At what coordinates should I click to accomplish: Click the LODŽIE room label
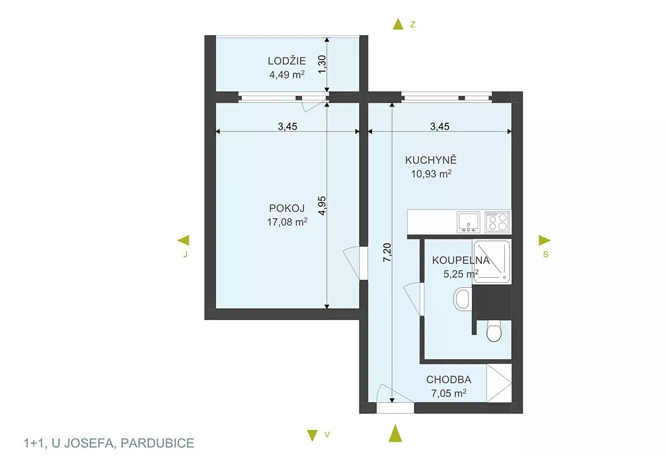[x=287, y=61]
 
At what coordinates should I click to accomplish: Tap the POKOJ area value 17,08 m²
[x=287, y=222]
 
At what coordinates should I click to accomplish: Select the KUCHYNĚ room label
[x=431, y=160]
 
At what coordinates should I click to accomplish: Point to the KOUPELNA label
[x=461, y=260]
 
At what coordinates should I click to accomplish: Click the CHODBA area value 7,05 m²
[x=449, y=393]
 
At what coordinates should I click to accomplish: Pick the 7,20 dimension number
[x=387, y=253]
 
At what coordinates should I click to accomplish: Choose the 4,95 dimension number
[x=322, y=206]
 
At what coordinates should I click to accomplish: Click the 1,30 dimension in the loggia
[x=322, y=65]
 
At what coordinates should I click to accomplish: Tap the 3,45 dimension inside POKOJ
[x=287, y=127]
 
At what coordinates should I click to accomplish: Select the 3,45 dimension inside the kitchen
[x=440, y=127]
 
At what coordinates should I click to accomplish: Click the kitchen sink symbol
[x=469, y=222]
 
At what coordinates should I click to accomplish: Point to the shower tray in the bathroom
[x=491, y=262]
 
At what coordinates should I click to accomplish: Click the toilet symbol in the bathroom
[x=494, y=331]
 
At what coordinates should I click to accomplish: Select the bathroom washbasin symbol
[x=462, y=298]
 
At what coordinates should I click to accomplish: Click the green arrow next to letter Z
[x=398, y=24]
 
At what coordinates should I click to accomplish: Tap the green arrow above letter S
[x=544, y=240]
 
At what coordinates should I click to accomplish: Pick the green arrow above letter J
[x=183, y=240]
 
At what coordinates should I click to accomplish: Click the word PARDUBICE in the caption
[x=157, y=443]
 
